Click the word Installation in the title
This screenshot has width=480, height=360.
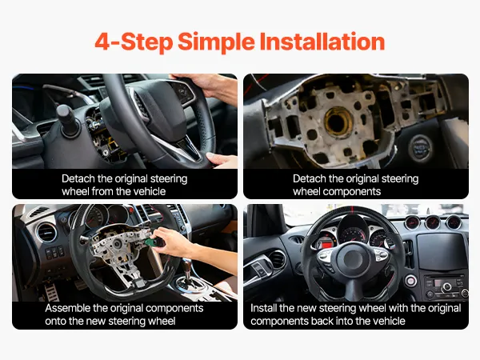coord(322,42)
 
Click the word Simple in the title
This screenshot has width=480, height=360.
coord(216,42)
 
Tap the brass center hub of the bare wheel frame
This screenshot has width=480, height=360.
coord(338,122)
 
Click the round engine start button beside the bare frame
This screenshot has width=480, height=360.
coord(421,147)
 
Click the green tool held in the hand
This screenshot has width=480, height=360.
coord(154,242)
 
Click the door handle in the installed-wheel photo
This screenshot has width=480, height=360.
coord(258,270)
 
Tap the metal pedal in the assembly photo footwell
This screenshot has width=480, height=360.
coord(51,292)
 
